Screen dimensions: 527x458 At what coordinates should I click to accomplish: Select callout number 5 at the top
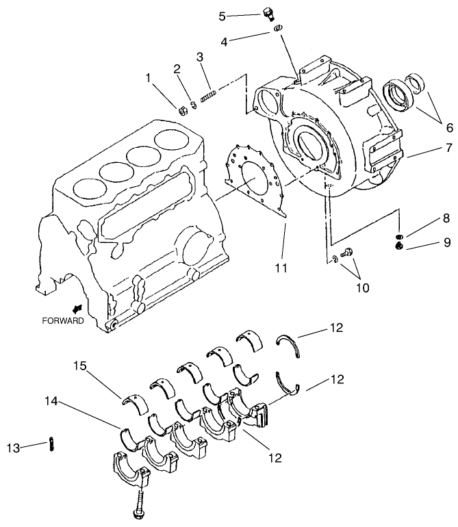(222, 15)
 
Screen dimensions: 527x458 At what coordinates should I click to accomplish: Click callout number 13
(13, 448)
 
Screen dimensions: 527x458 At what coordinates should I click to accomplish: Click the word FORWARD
(63, 320)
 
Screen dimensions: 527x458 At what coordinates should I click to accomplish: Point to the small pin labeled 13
(52, 444)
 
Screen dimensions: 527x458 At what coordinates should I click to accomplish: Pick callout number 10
(362, 287)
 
